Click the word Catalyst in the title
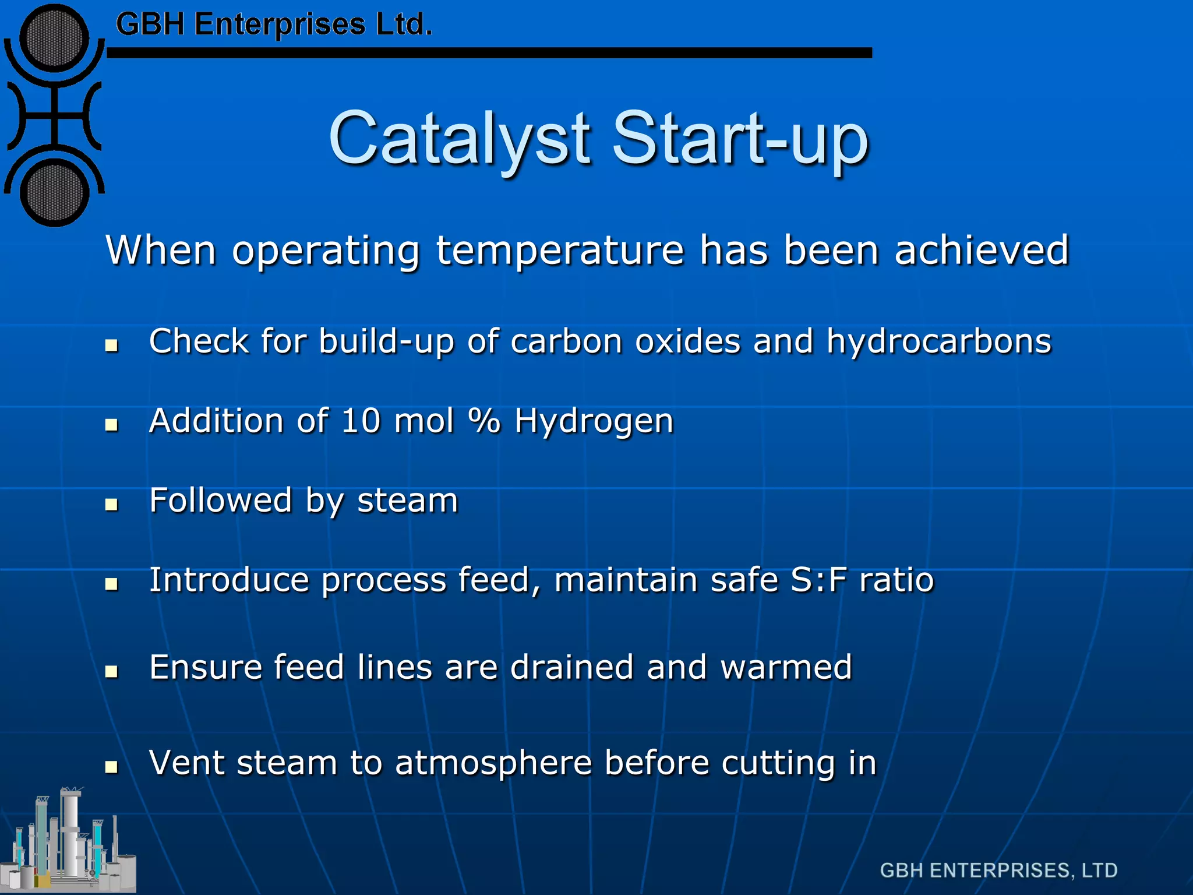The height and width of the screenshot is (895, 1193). [x=460, y=139]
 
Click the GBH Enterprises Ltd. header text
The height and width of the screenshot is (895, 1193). [x=274, y=25]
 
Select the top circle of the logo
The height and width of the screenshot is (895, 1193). [x=54, y=39]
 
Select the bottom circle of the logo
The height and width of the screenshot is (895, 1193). [x=54, y=193]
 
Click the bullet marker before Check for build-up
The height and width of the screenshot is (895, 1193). [x=111, y=346]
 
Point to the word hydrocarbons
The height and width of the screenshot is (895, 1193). [x=938, y=341]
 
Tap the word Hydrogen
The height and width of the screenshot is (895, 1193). [x=594, y=421]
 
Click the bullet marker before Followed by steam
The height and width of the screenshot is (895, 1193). [x=111, y=505]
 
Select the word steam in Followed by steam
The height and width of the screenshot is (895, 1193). [x=407, y=501]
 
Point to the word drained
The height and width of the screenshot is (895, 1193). [x=571, y=667]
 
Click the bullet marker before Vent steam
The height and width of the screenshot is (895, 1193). [x=111, y=767]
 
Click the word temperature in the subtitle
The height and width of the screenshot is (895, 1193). [x=560, y=251]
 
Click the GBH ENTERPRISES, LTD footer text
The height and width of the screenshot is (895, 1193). [x=998, y=871]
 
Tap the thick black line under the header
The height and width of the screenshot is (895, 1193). [x=489, y=53]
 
